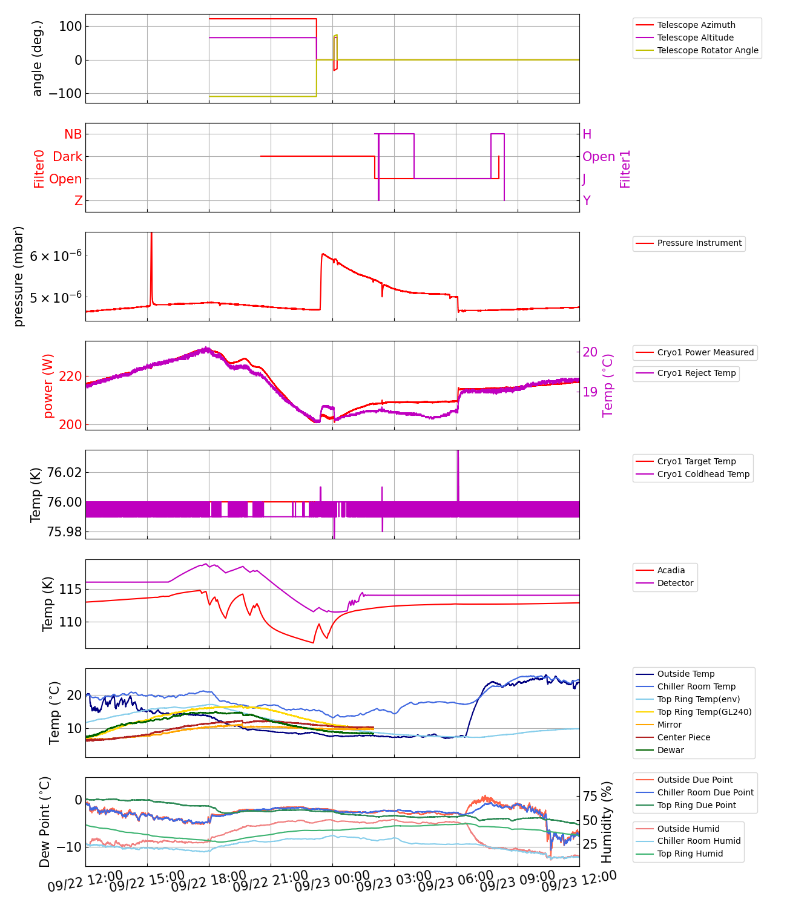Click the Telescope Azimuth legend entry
[x=696, y=25]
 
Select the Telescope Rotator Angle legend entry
[x=707, y=50]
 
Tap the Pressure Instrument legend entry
[x=699, y=243]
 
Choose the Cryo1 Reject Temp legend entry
[x=696, y=373]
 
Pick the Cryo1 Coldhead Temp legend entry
[x=703, y=474]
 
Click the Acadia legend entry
[x=671, y=570]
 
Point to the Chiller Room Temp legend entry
[x=696, y=686]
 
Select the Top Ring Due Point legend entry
[x=696, y=805]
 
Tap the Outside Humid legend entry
[x=688, y=829]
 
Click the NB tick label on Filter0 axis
[x=73, y=134]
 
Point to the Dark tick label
[x=67, y=157]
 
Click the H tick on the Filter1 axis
[x=587, y=134]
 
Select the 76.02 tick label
[x=64, y=472]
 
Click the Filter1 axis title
[x=625, y=169]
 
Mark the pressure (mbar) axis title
[x=19, y=277]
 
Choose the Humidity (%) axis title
[x=607, y=821]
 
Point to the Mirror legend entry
[x=669, y=725]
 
